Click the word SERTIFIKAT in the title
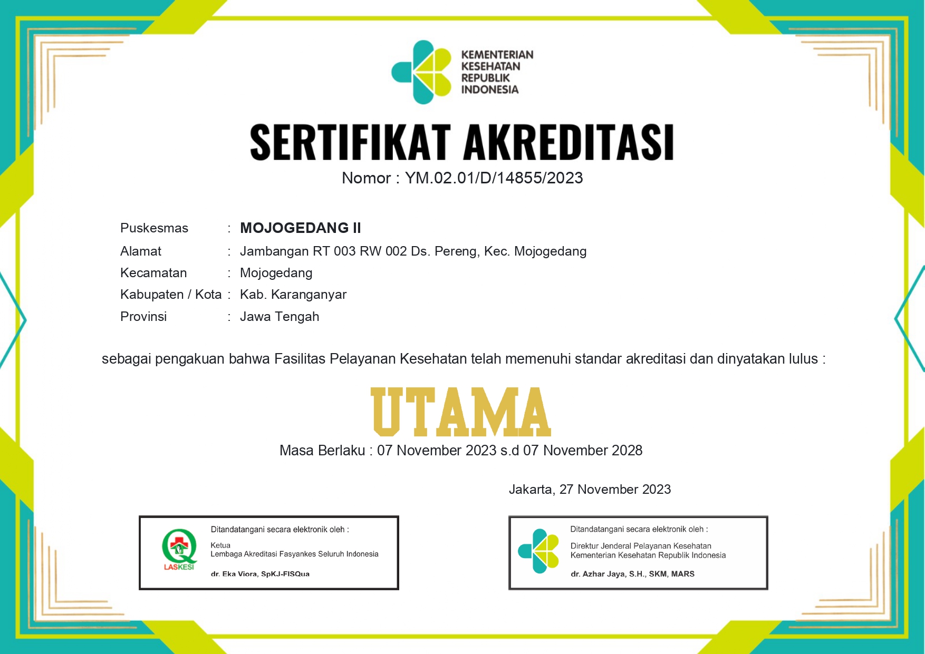click(x=350, y=142)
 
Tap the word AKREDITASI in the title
click(x=569, y=142)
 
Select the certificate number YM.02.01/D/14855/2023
click(x=494, y=178)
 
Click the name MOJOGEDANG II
click(x=300, y=228)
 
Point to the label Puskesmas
click(x=154, y=228)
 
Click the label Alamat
click(x=141, y=251)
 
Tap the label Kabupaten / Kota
click(x=171, y=295)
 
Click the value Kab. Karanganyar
click(x=293, y=295)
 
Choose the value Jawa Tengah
click(x=280, y=317)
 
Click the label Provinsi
click(x=143, y=317)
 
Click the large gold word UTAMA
click(x=461, y=412)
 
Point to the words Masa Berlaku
click(x=322, y=451)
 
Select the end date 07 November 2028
click(x=583, y=451)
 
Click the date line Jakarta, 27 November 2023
click(x=590, y=490)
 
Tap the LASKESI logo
click(x=179, y=550)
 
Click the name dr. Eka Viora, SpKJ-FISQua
click(x=260, y=574)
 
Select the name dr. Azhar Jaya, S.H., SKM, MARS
click(x=632, y=574)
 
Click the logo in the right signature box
click(x=538, y=551)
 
